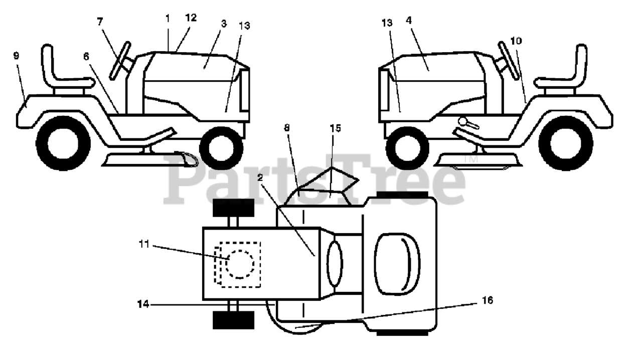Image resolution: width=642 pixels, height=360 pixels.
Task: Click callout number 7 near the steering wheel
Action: point(100,22)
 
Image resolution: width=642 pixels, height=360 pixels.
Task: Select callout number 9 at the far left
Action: point(16,55)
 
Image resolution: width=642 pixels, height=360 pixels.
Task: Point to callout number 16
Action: point(487,300)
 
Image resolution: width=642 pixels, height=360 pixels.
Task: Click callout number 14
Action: point(142,303)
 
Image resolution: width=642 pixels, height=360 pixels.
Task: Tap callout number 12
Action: point(190,18)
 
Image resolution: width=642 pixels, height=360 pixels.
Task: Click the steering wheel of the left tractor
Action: point(120,61)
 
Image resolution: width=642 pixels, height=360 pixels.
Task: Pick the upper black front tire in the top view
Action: point(233,208)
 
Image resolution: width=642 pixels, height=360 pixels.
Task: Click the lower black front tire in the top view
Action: point(233,319)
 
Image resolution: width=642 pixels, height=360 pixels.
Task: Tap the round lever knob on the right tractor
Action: point(462,121)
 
